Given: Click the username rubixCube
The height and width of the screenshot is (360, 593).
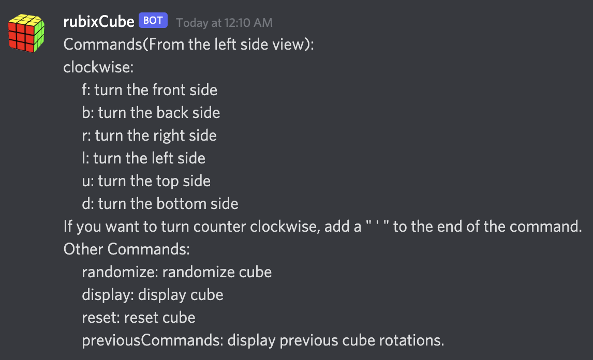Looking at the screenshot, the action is click(x=99, y=22).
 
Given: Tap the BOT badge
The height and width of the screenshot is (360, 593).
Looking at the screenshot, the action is click(x=153, y=21).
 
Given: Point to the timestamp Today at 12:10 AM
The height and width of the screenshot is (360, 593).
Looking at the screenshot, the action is click(x=224, y=23).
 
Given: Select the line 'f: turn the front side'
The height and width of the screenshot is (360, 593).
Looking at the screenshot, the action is click(x=150, y=90).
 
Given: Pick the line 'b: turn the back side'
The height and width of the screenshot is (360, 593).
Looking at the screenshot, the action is click(x=151, y=113).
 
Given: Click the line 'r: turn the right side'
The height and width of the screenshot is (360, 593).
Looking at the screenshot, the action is click(x=150, y=136).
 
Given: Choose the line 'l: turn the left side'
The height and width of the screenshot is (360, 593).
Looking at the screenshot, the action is click(x=144, y=158).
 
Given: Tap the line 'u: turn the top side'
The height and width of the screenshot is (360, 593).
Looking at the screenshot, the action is click(x=146, y=181).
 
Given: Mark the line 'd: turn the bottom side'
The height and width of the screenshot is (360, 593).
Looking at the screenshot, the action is click(x=160, y=204).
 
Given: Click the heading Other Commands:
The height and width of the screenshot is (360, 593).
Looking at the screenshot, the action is click(x=127, y=249).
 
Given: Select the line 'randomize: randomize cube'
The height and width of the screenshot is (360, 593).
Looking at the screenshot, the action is click(x=177, y=272).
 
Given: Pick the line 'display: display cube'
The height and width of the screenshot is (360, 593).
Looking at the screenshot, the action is click(x=153, y=295).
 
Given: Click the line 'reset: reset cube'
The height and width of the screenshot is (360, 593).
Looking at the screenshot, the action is click(x=139, y=318).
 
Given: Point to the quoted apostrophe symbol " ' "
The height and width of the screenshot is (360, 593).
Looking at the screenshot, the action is click(x=377, y=227).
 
